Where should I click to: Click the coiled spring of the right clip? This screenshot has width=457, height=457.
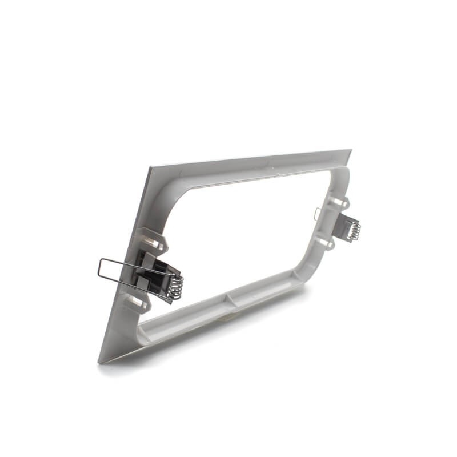click(x=355, y=230)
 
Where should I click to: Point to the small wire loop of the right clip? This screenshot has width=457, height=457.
click(x=318, y=214)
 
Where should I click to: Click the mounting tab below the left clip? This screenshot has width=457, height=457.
click(x=137, y=301)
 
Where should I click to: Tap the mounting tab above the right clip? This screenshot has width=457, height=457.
click(x=338, y=201)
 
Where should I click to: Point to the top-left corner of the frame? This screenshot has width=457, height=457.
click(x=150, y=168)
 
